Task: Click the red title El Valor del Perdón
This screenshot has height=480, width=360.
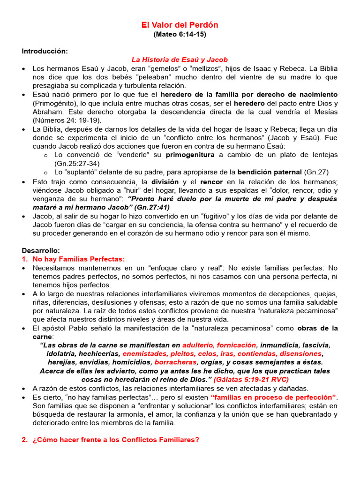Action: pos(180,25)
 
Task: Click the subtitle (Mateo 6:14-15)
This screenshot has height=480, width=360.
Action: pos(180,34)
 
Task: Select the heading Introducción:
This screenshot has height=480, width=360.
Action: pos(45,51)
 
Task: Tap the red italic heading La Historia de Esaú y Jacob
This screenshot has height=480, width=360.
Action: pos(180,60)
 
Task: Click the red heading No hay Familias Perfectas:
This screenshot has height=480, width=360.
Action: pos(78,259)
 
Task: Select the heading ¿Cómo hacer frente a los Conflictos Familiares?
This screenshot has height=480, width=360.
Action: pos(116,440)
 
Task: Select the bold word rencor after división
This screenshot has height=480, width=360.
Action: pos(212,181)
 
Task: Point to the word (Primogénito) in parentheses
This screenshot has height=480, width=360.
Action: pos(56,103)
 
